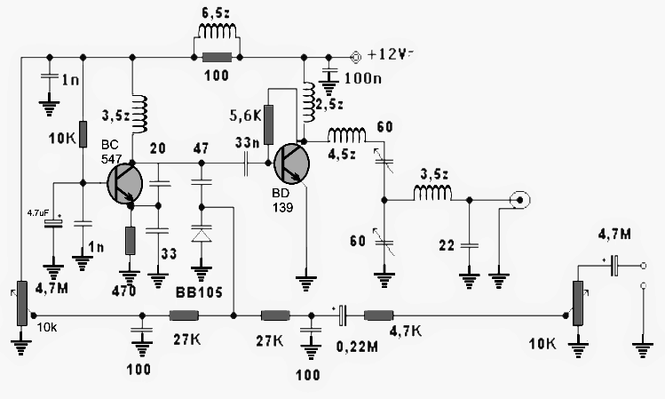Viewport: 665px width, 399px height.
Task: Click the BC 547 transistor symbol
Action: click(123, 184)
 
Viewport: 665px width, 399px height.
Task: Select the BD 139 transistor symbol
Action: click(290, 164)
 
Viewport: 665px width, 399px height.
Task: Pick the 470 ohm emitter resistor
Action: click(131, 241)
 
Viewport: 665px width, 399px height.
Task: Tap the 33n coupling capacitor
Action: click(246, 164)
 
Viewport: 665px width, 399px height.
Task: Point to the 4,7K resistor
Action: click(380, 315)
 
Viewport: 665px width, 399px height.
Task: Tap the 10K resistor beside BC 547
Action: click(83, 134)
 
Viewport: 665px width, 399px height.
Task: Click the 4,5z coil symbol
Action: click(346, 136)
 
